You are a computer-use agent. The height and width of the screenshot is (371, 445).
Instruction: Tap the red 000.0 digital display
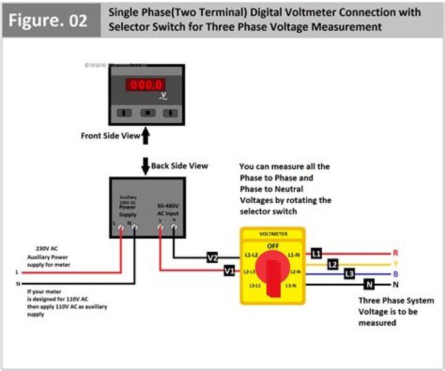tap(145, 85)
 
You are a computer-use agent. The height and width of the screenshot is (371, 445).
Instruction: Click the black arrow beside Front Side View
tap(146, 135)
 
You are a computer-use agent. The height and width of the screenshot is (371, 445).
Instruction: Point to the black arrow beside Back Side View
tap(145, 166)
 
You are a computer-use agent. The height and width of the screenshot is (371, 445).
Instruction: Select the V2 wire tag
tap(213, 257)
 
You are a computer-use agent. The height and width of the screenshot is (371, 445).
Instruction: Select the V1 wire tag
tap(229, 271)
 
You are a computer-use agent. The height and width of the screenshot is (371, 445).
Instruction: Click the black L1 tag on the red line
tap(316, 254)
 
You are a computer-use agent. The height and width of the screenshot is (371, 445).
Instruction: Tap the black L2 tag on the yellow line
tap(333, 264)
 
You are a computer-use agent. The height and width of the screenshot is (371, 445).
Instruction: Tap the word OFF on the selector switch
tap(273, 246)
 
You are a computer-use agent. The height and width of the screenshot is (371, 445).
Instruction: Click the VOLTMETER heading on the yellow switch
tap(273, 234)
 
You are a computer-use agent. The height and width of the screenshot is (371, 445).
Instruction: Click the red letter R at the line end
tap(396, 254)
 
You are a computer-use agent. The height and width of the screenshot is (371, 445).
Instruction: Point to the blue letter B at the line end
tap(396, 273)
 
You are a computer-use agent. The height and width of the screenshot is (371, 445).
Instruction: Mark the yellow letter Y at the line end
tap(396, 263)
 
